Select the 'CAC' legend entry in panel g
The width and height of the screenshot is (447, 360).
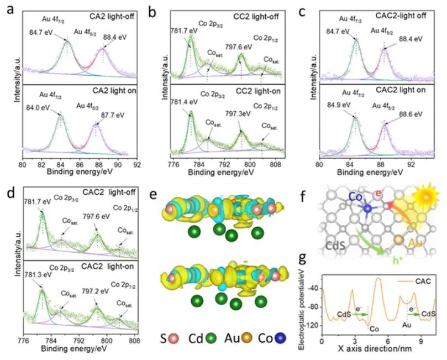click(425, 280)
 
